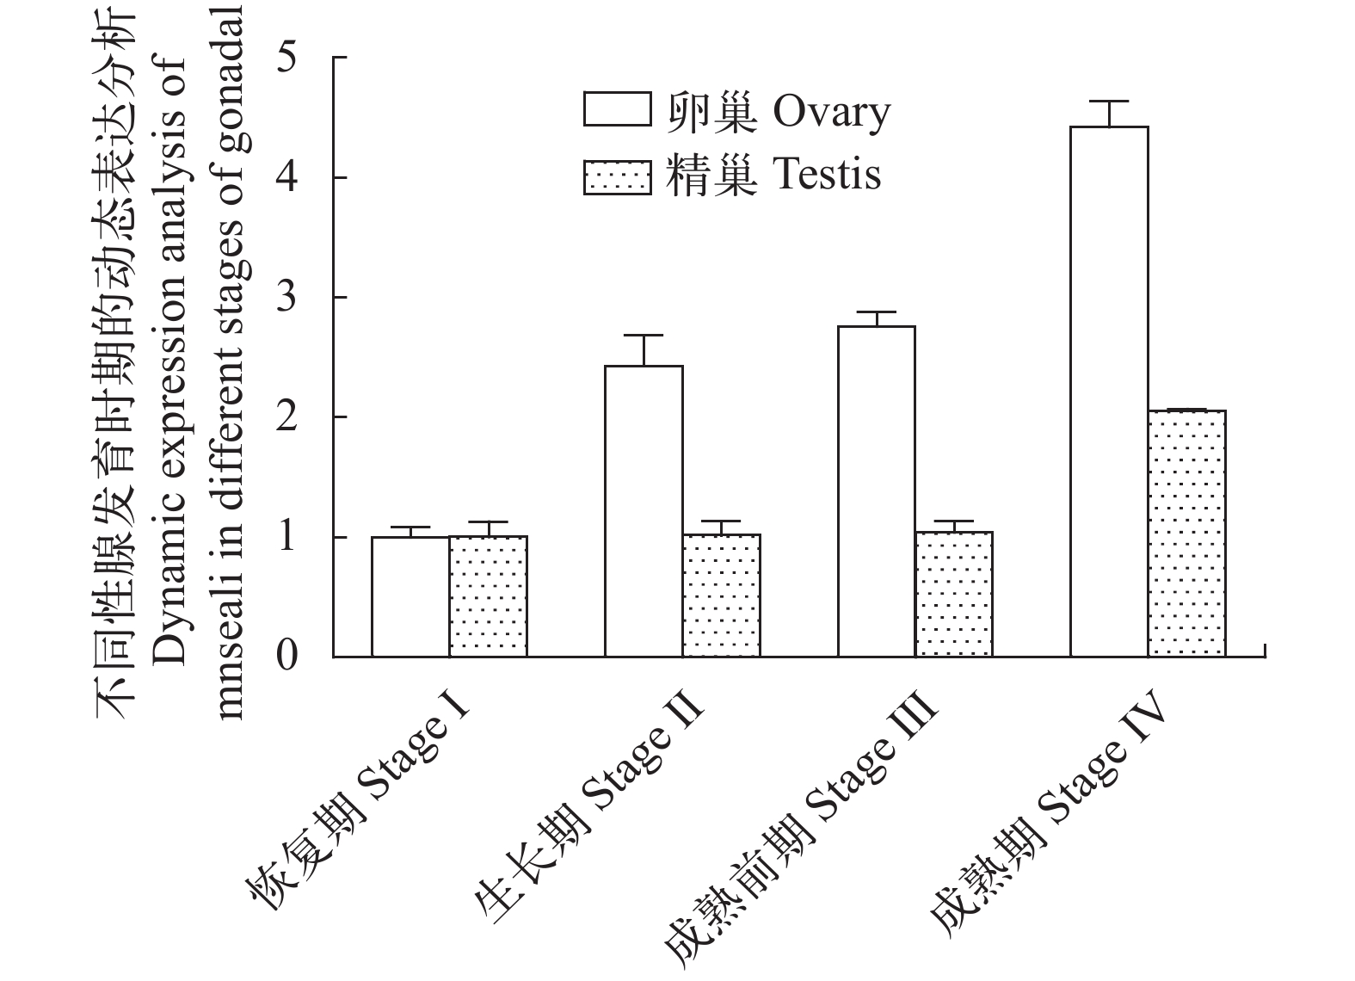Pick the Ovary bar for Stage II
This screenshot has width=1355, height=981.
click(x=644, y=511)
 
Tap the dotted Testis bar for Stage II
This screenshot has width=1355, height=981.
click(x=721, y=595)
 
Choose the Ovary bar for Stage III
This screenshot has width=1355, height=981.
click(x=876, y=491)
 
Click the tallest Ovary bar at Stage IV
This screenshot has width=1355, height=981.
click(x=1109, y=392)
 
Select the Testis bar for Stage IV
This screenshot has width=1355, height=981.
click(x=1186, y=534)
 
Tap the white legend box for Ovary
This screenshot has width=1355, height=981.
click(x=617, y=110)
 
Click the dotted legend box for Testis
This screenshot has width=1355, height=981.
click(x=617, y=176)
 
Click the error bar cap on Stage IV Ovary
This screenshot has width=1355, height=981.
click(x=1109, y=102)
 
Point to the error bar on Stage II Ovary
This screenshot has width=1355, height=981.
click(x=644, y=349)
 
